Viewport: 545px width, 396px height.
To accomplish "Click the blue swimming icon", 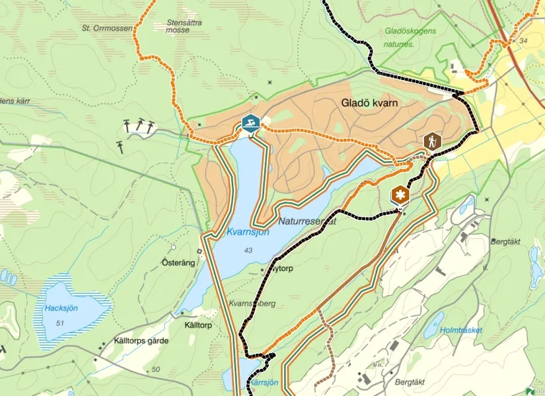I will (250, 123).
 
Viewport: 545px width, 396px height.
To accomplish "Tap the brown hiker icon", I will (432, 141).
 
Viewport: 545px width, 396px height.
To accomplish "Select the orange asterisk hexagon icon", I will (400, 195).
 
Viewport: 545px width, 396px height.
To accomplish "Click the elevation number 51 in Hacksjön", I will (61, 323).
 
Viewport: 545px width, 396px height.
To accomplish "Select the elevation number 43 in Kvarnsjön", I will (248, 250).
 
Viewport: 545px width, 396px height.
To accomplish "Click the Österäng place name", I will (178, 262).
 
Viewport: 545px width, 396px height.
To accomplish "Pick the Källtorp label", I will (199, 326).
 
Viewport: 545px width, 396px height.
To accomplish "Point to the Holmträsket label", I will (461, 330).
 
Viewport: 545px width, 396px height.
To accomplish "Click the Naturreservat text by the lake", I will (307, 222).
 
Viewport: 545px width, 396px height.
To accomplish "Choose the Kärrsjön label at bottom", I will (263, 383).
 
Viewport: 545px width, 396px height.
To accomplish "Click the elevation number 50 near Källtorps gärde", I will (156, 369).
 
